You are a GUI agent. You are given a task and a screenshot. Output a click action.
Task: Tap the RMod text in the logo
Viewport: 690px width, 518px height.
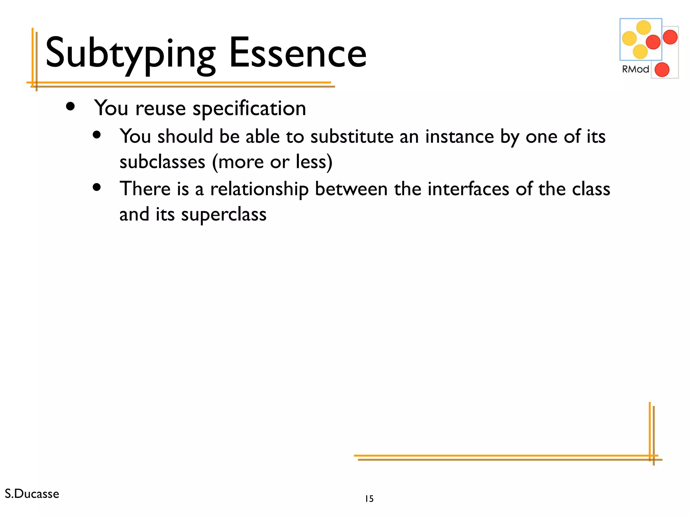tap(635, 69)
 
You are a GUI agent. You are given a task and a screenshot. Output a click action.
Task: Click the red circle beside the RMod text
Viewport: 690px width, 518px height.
tap(662, 70)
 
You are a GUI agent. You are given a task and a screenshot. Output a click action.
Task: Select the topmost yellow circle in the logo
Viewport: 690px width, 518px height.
tap(644, 28)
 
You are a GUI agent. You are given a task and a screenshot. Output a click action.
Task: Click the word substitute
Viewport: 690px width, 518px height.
tap(352, 137)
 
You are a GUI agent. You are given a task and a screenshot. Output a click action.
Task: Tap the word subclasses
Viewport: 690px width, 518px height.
tap(162, 162)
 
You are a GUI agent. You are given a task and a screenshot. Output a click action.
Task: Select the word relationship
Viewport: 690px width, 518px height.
tap(259, 189)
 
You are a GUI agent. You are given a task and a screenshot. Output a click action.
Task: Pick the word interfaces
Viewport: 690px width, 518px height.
tap(468, 189)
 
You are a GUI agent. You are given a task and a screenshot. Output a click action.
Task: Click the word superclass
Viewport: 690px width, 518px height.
tap(224, 214)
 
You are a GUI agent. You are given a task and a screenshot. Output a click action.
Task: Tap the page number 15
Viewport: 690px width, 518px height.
tap(369, 499)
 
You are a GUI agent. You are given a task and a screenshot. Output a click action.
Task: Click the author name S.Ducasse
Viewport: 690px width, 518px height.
tap(32, 494)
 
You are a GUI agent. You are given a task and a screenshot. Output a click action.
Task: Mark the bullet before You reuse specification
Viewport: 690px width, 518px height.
tap(70, 107)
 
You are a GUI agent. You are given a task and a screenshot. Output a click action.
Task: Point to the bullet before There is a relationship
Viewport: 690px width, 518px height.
tap(97, 187)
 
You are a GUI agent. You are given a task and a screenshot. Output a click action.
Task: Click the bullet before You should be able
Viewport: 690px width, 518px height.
tap(97, 135)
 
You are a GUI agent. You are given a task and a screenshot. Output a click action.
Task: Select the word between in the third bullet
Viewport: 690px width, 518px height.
tap(351, 189)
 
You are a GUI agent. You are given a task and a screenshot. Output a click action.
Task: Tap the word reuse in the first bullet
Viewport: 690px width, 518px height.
tap(160, 109)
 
